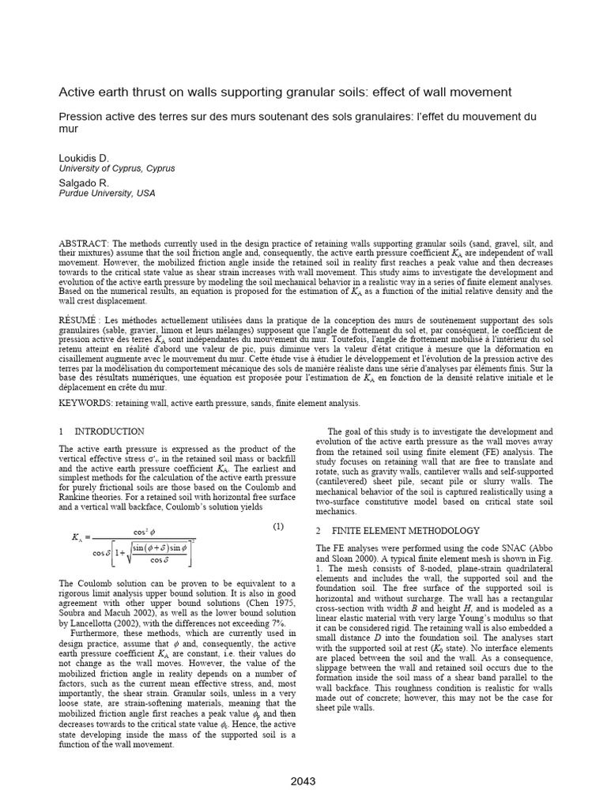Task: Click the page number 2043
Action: click(x=303, y=781)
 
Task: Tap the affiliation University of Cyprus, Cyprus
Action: click(x=117, y=168)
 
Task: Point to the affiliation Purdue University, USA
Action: click(x=107, y=193)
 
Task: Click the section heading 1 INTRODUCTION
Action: click(x=102, y=431)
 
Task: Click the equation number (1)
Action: click(x=278, y=526)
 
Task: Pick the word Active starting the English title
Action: click(x=78, y=92)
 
